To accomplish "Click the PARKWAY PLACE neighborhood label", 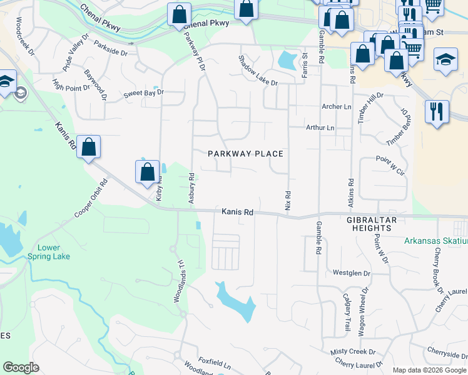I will tap(246, 154).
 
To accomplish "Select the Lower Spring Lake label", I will tap(49, 252).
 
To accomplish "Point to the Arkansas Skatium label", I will tap(435, 241).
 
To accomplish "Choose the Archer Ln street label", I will tap(336, 107).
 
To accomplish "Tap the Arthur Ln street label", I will tap(320, 127).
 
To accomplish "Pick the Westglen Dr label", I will tap(352, 273).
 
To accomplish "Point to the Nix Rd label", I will tap(288, 200).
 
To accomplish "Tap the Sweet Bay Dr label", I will tap(143, 92).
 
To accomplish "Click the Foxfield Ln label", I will tap(215, 361).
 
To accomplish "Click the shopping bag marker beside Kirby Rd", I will tap(147, 172).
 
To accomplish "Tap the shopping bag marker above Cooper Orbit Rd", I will tap(89, 147).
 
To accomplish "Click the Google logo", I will tap(21, 367).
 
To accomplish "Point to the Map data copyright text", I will tap(429, 370).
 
